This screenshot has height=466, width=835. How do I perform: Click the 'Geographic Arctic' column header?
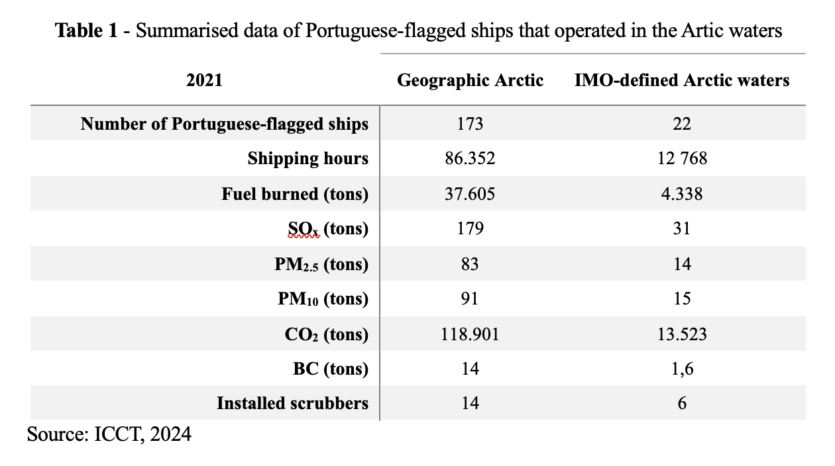pos(470,81)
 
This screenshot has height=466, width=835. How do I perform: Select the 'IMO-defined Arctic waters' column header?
pos(682,81)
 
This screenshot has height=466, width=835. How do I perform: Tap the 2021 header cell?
pos(204,81)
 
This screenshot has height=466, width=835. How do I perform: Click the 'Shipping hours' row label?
pos(307,159)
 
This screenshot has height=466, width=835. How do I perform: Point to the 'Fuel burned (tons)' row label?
pos(295,194)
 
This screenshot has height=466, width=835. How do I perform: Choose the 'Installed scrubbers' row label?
pos(292,403)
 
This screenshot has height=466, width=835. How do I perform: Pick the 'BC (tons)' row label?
pos(331,369)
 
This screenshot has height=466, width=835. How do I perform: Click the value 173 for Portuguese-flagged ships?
pos(470,124)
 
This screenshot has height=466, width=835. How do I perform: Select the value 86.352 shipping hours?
pos(470,159)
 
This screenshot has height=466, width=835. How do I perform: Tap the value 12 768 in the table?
pos(682,159)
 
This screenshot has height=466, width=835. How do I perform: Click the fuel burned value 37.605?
pos(470,194)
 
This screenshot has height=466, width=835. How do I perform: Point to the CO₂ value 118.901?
pos(470,334)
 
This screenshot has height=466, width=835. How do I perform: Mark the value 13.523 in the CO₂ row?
pos(682,334)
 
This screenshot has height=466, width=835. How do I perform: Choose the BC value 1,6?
pos(682,369)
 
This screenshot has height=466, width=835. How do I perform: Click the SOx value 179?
pos(470,229)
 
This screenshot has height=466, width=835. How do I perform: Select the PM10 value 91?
pos(470,299)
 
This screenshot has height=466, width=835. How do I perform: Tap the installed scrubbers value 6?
pos(682,403)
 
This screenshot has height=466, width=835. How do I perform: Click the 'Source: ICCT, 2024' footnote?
pos(109,435)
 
